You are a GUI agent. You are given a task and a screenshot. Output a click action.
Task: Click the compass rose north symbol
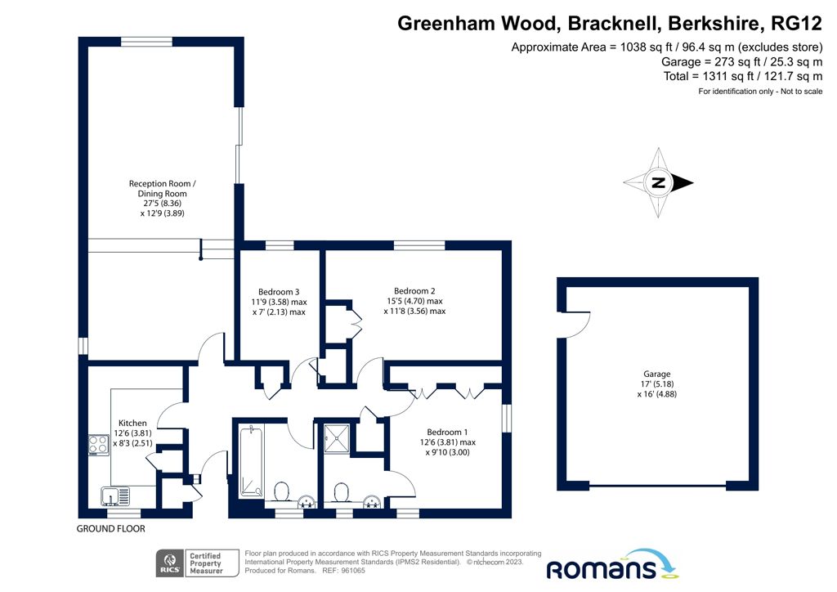tap(659, 182)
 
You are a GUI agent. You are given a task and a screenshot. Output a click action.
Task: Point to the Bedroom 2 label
tap(414, 291)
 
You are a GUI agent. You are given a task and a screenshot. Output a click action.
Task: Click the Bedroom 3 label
tap(279, 292)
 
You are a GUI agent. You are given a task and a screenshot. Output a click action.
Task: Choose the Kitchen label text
tap(132, 424)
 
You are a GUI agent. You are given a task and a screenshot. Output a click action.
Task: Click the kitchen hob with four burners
tap(99, 445)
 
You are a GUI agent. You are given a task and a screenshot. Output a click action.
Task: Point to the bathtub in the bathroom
tap(250, 460)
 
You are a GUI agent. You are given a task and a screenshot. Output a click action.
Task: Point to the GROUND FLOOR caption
tap(111, 529)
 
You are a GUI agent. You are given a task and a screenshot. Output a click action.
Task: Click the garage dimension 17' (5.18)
tap(656, 384)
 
